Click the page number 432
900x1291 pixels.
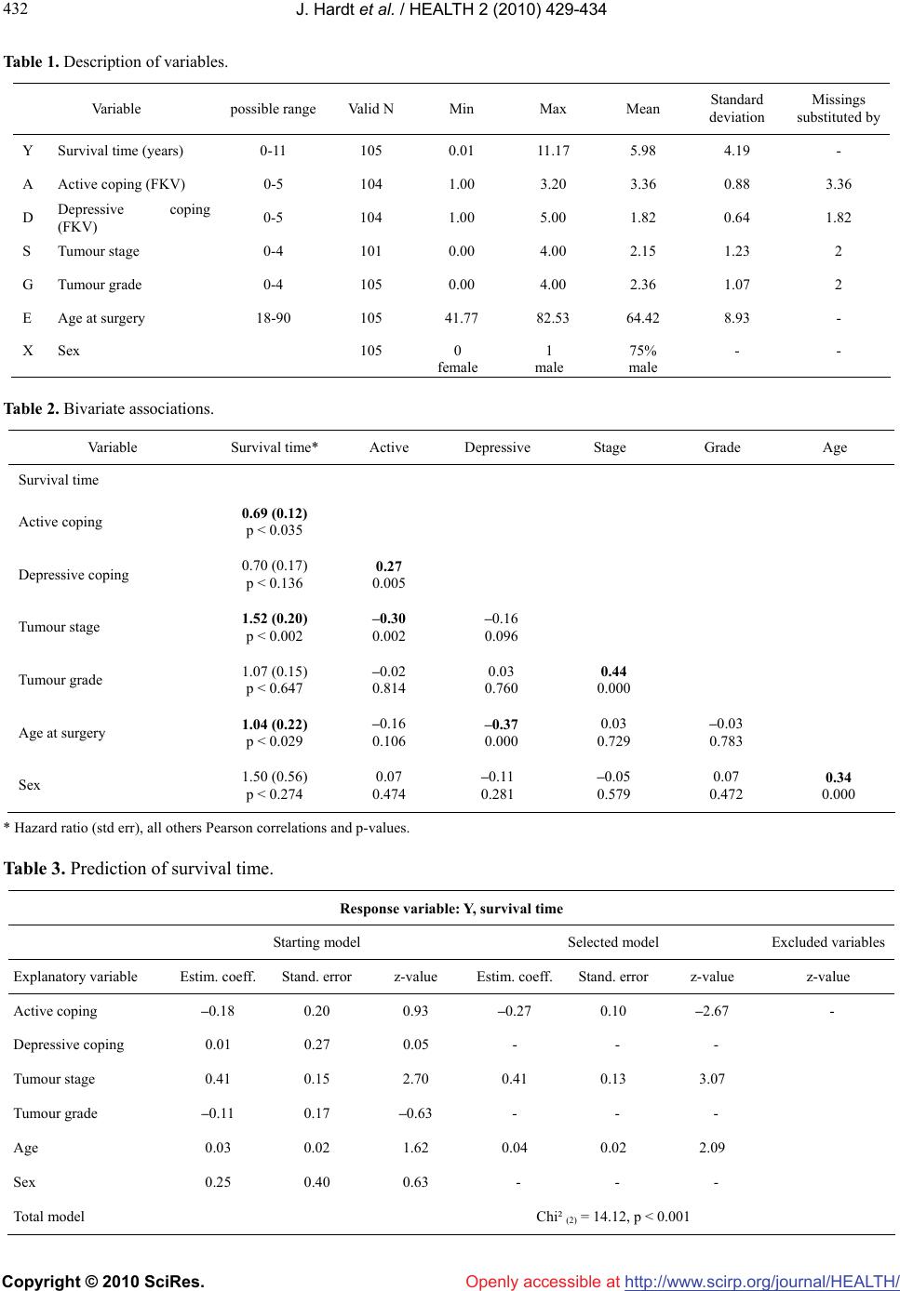(x=15, y=9)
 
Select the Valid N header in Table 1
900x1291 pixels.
(x=370, y=109)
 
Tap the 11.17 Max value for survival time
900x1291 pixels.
(x=553, y=151)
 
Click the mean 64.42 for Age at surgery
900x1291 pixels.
(x=643, y=318)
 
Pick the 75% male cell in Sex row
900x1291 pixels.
(x=643, y=359)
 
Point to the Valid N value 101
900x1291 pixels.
(x=370, y=251)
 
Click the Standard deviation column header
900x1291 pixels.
(x=737, y=108)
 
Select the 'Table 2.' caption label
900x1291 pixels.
(x=31, y=408)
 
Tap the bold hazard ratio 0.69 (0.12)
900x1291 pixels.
(x=275, y=512)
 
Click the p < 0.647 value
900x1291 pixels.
(x=275, y=688)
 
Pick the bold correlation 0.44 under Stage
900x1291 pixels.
(x=613, y=671)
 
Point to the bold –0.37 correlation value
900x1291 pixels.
(x=501, y=724)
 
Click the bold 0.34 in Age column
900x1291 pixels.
(x=839, y=777)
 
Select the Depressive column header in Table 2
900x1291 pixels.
(x=497, y=447)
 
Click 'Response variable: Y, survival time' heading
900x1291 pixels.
(x=451, y=909)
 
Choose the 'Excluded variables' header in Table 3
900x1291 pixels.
(x=828, y=942)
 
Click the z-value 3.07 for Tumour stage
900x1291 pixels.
(x=712, y=1079)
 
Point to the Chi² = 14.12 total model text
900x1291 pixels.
(x=612, y=1217)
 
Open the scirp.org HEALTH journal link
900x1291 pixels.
(x=762, y=1281)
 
